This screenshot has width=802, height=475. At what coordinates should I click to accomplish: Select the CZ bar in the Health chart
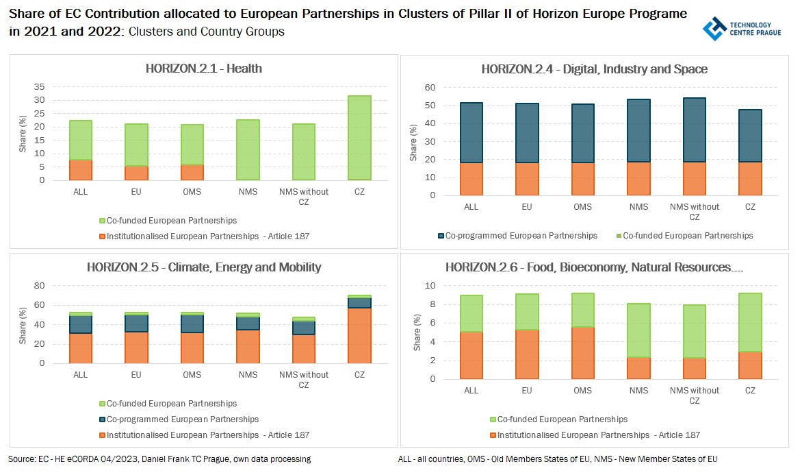pyautogui.click(x=360, y=137)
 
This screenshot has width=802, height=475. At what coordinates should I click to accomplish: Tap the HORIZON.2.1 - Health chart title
pyautogui.click(x=204, y=69)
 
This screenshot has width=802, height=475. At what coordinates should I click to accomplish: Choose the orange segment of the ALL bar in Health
pyautogui.click(x=81, y=170)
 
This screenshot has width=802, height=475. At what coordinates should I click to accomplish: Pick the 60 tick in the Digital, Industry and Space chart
pyautogui.click(x=429, y=88)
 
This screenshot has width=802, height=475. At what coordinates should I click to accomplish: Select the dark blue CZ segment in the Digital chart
pyautogui.click(x=750, y=136)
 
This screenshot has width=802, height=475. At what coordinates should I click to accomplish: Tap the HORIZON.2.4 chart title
pyautogui.click(x=594, y=69)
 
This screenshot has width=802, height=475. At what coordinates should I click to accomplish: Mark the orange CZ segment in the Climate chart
pyautogui.click(x=360, y=335)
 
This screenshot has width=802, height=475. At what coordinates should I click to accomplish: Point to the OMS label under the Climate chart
pyautogui.click(x=192, y=375)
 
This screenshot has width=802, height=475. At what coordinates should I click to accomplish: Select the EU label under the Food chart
pyautogui.click(x=527, y=391)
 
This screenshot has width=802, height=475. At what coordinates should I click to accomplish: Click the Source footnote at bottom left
pyautogui.click(x=159, y=459)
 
